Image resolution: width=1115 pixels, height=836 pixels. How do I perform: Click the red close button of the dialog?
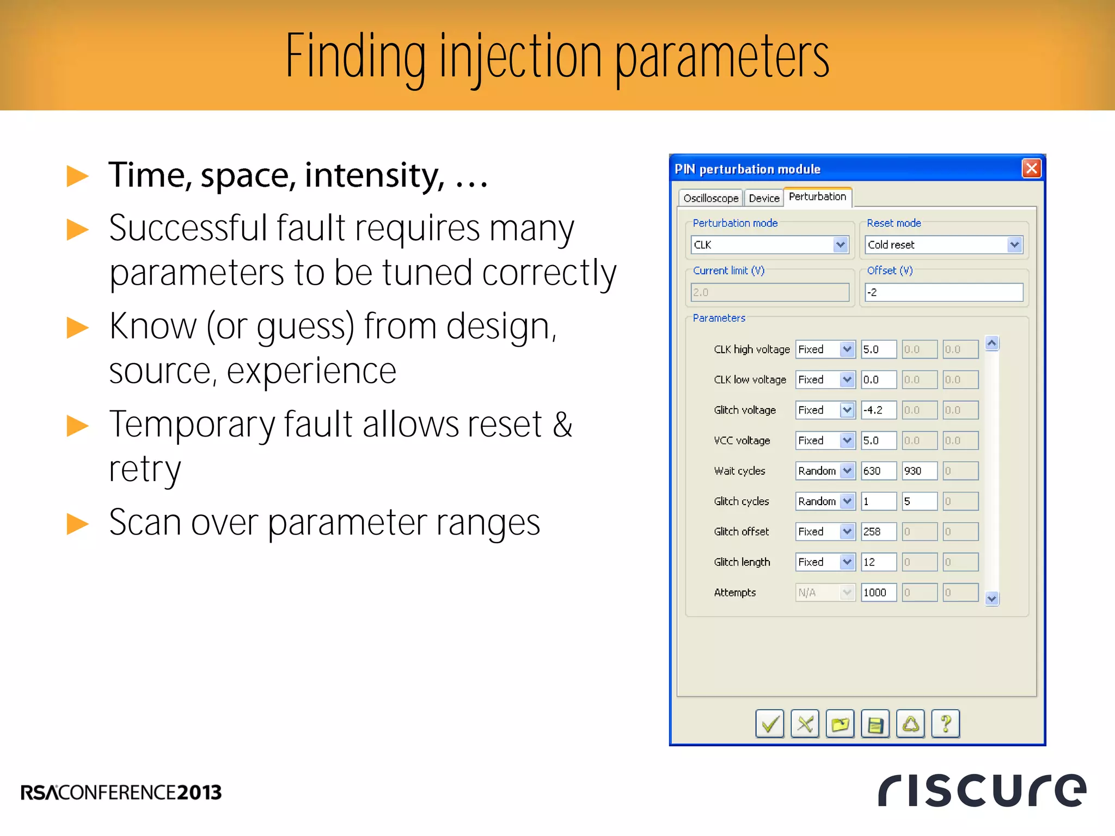(x=1031, y=169)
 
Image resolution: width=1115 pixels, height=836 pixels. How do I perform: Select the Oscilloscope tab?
(x=710, y=198)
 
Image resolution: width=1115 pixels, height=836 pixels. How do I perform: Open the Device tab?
(x=764, y=198)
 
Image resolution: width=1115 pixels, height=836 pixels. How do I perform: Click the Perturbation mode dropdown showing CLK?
(x=770, y=245)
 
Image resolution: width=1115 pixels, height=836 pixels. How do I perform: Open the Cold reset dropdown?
(x=944, y=245)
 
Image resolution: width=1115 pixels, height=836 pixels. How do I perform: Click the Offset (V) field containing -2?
(x=944, y=292)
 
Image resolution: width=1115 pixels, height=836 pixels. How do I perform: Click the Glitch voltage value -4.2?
(x=878, y=410)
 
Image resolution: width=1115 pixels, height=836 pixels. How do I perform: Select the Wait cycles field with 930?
(x=919, y=471)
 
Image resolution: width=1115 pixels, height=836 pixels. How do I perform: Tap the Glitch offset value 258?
(x=878, y=532)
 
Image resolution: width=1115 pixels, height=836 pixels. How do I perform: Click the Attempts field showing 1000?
(x=878, y=592)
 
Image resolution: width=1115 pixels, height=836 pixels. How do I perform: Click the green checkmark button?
(x=769, y=724)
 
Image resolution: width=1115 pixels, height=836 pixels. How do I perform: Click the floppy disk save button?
(x=875, y=724)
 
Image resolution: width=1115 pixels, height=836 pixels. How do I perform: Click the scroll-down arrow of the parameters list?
(x=991, y=599)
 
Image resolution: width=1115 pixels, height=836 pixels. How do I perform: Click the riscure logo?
(x=982, y=790)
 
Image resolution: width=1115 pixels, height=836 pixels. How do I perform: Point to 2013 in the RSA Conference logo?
(x=199, y=792)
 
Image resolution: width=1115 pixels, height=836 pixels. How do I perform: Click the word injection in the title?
(x=520, y=57)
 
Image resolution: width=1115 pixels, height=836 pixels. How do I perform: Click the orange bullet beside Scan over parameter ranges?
(x=77, y=524)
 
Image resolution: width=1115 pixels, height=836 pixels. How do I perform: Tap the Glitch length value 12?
(x=878, y=562)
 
